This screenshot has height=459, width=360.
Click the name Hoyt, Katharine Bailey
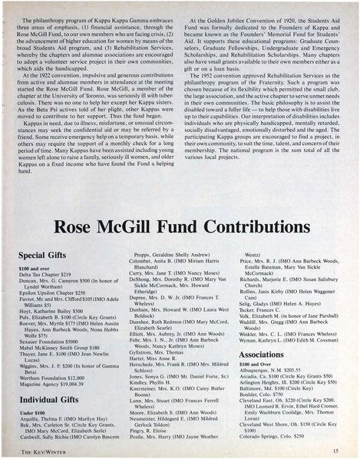click(54, 302)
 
